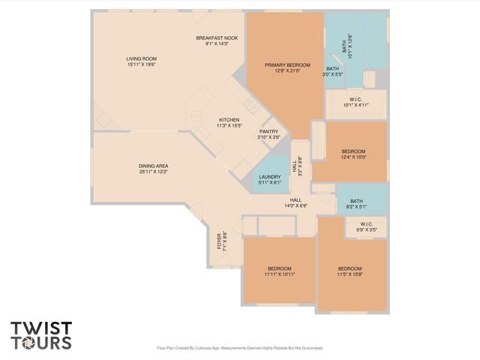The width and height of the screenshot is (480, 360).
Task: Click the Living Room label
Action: point(141,58)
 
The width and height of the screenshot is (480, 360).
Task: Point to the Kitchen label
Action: point(229,120)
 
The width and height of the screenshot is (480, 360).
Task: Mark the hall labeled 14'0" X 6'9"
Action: point(295,202)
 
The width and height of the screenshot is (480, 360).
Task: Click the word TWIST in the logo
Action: point(41,328)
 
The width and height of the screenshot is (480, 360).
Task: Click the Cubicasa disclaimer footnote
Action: point(240,348)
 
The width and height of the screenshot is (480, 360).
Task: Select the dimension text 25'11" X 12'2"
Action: point(153,172)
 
